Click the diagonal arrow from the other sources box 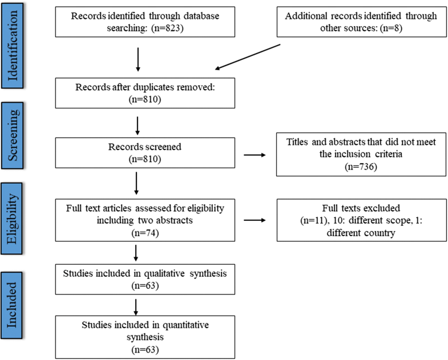(248, 57)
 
